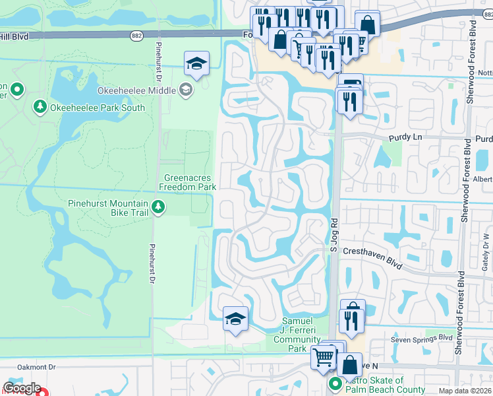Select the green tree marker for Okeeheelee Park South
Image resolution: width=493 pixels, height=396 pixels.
click(x=40, y=107)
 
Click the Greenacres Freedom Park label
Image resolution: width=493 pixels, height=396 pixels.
click(x=189, y=182)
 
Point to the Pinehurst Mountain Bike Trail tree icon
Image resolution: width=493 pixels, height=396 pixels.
click(x=158, y=208)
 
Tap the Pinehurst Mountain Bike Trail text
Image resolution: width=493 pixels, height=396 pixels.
click(x=109, y=209)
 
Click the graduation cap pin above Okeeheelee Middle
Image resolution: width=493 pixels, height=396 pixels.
click(x=196, y=64)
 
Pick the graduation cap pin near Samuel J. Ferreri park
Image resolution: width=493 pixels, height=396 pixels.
click(x=235, y=319)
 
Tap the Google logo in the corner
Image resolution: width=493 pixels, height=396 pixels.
click(x=22, y=389)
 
